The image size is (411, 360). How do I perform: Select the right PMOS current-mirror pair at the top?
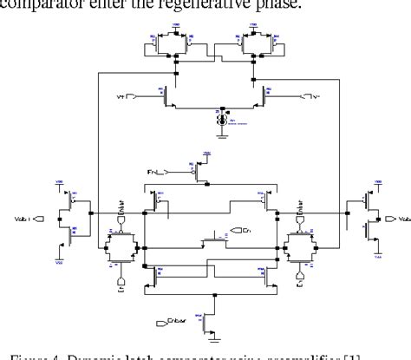click(255, 43)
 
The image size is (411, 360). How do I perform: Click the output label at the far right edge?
click(395, 219)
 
